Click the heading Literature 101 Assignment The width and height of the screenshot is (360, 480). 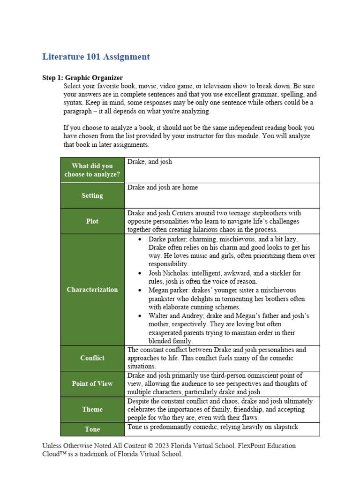coord(96,57)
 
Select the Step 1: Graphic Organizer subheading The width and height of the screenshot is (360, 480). coord(82,78)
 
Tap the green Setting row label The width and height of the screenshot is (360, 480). coord(92,195)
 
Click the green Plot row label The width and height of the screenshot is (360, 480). coord(92,221)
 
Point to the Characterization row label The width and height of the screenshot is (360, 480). coord(92,290)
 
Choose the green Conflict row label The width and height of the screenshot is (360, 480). coord(92,358)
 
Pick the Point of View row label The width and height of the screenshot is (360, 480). coord(92,384)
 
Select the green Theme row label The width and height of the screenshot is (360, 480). coord(92,409)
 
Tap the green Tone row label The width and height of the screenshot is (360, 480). coord(92,429)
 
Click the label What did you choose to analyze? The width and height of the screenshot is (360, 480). coord(92,170)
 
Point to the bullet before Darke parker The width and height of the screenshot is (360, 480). coord(140,239)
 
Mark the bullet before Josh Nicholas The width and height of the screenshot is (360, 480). coord(140,273)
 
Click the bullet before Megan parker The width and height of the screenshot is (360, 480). coord(140,291)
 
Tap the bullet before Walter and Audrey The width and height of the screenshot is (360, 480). coord(140,316)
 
